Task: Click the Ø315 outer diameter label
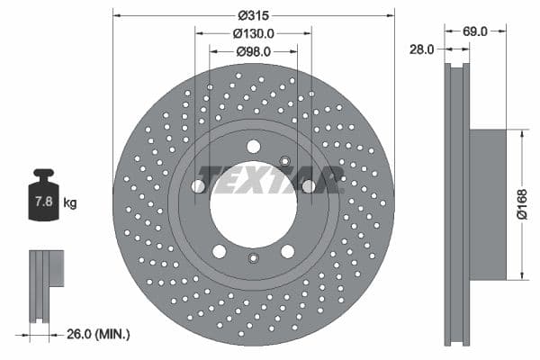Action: click(254, 15)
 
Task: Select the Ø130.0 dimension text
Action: click(254, 33)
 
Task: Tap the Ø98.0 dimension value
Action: click(254, 51)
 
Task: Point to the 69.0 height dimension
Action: click(474, 31)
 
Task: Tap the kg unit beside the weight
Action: click(70, 203)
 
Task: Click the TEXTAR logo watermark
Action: click(270, 178)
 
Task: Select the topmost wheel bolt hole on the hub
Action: click(253, 147)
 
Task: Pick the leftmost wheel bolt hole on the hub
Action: click(198, 186)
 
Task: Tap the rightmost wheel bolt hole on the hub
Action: click(309, 186)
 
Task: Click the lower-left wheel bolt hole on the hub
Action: click(220, 251)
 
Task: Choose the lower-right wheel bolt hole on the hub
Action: click(287, 251)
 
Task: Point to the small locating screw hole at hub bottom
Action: click(253, 260)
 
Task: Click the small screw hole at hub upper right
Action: click(285, 162)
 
